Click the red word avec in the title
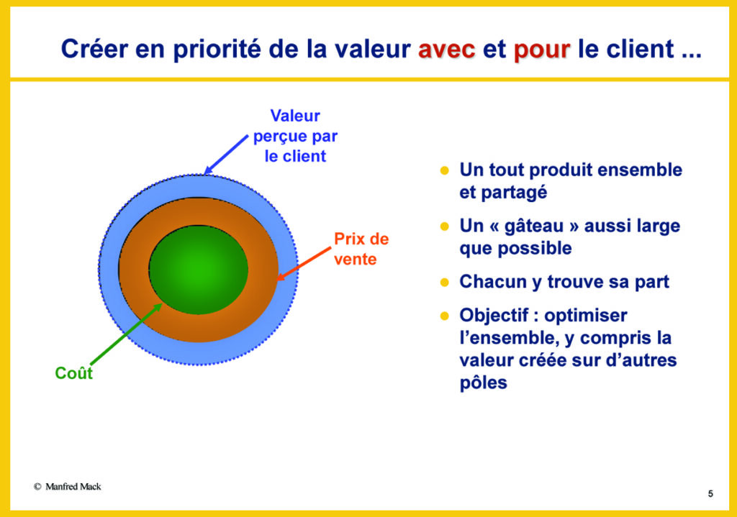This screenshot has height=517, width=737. coord(446,49)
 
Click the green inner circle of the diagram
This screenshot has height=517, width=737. coord(199,270)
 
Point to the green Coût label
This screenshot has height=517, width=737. coord(74,373)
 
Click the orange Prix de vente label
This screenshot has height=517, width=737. coord(361,249)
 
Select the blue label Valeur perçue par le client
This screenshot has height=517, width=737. coord(295,136)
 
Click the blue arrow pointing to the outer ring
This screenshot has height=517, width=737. coord(226,155)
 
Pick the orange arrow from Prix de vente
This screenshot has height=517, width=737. coord(304,264)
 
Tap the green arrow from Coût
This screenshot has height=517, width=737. coord(127,334)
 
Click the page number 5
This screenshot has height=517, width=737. coord(710,493)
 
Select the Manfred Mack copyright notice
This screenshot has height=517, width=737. coord(67,487)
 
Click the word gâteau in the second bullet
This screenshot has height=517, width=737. coord(534,227)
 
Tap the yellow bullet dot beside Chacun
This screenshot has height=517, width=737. coord(445,282)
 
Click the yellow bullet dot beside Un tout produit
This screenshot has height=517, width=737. coord(445,170)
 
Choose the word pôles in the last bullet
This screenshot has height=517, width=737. coord(483,383)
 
